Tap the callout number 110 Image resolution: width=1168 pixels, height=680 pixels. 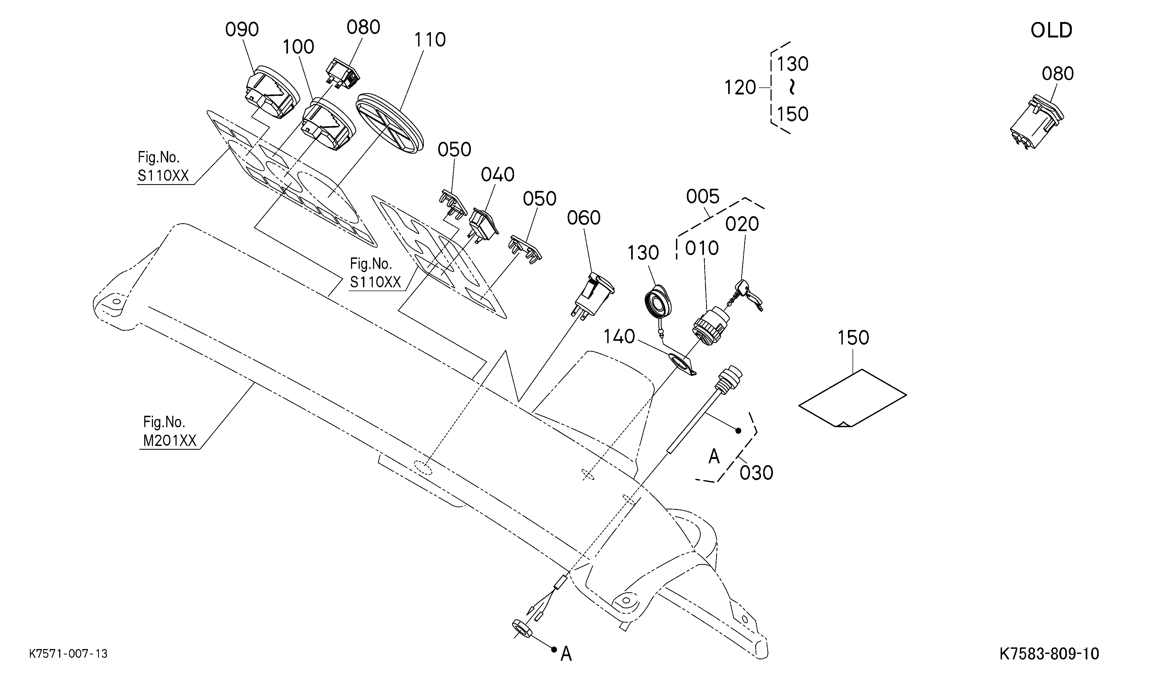tap(430, 40)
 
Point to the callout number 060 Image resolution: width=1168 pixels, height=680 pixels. tap(584, 218)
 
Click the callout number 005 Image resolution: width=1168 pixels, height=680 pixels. tap(702, 197)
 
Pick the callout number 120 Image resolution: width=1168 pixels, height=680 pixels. tap(740, 87)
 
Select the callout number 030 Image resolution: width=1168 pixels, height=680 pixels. tap(756, 473)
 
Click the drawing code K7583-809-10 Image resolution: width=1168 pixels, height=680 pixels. tap(1049, 654)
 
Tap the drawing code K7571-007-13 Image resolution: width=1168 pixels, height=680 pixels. tap(68, 654)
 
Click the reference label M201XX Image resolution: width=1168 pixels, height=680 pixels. tap(170, 440)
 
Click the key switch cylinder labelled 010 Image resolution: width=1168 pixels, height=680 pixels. tap(709, 325)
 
